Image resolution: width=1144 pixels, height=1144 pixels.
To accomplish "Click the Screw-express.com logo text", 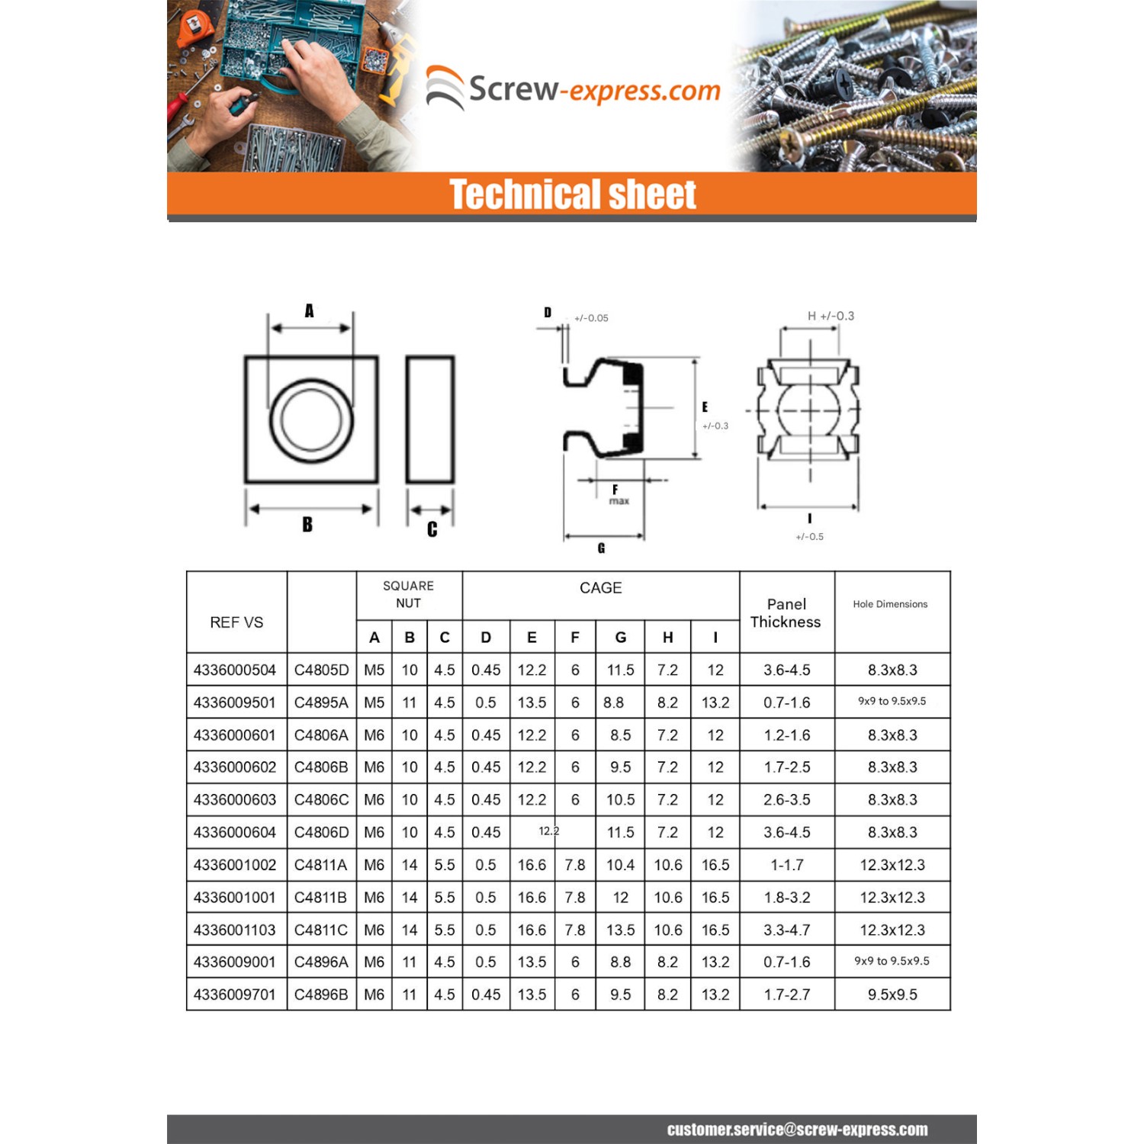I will click(593, 90).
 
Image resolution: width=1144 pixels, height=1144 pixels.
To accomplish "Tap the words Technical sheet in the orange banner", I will click(572, 194).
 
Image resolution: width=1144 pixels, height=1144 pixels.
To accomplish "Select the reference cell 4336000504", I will click(235, 670).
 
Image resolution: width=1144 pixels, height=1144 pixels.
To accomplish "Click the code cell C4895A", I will click(321, 702).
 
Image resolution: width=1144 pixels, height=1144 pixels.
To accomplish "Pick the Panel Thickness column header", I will click(786, 612).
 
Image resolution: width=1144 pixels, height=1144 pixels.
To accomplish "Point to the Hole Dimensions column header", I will click(890, 604).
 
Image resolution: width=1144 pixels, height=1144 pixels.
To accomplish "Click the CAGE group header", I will click(600, 588).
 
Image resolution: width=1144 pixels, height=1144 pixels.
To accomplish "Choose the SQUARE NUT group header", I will click(408, 594).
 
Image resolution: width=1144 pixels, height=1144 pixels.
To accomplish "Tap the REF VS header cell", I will click(236, 622).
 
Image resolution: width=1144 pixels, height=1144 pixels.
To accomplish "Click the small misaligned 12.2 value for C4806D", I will click(549, 831).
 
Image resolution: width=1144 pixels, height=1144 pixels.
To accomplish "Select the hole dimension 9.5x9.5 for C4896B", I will click(892, 995).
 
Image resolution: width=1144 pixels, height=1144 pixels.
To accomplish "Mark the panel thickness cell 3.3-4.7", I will click(787, 930).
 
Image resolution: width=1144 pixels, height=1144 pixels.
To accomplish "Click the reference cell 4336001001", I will click(235, 897).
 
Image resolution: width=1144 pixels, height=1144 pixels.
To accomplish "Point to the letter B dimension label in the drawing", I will click(307, 525).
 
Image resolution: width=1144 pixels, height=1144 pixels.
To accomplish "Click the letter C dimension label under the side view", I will click(432, 529).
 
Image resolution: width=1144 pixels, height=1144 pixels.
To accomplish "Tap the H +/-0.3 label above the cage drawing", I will click(831, 316).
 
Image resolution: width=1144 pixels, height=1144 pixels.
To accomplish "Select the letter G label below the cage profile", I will click(601, 548).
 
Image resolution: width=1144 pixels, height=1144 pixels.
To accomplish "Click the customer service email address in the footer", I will click(797, 1130).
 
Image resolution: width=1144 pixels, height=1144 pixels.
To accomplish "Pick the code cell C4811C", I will click(321, 930).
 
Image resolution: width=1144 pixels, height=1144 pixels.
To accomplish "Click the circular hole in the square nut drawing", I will click(311, 420).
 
